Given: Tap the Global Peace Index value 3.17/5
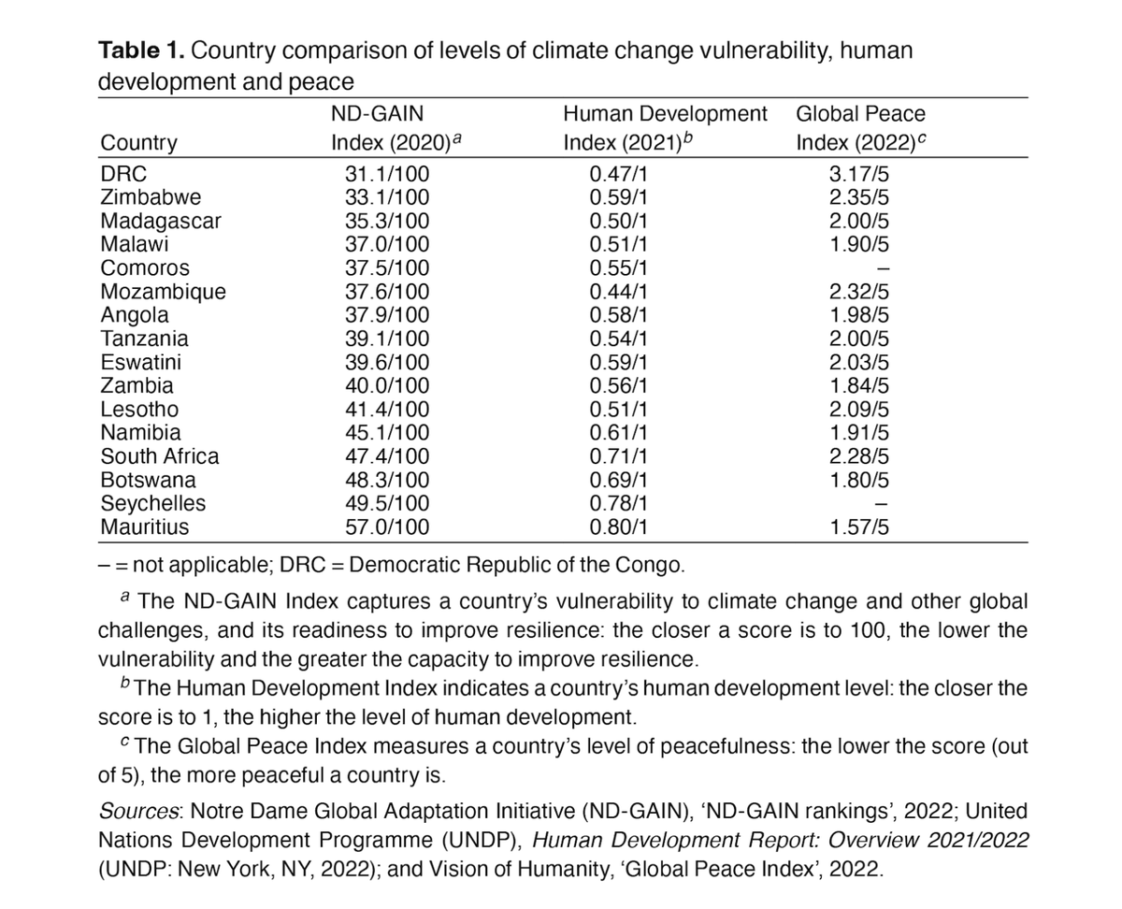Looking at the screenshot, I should [x=858, y=173].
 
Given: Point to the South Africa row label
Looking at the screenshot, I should [x=160, y=456].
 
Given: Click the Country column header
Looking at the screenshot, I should [x=138, y=143].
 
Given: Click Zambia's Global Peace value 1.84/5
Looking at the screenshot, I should [x=858, y=385].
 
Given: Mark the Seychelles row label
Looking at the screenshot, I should [x=153, y=503].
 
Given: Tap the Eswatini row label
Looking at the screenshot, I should [x=141, y=362].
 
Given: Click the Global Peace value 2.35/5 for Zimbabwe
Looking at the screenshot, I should [x=858, y=196].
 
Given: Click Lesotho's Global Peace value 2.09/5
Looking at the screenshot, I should [x=858, y=409].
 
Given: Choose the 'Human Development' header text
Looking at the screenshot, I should [x=665, y=114].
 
